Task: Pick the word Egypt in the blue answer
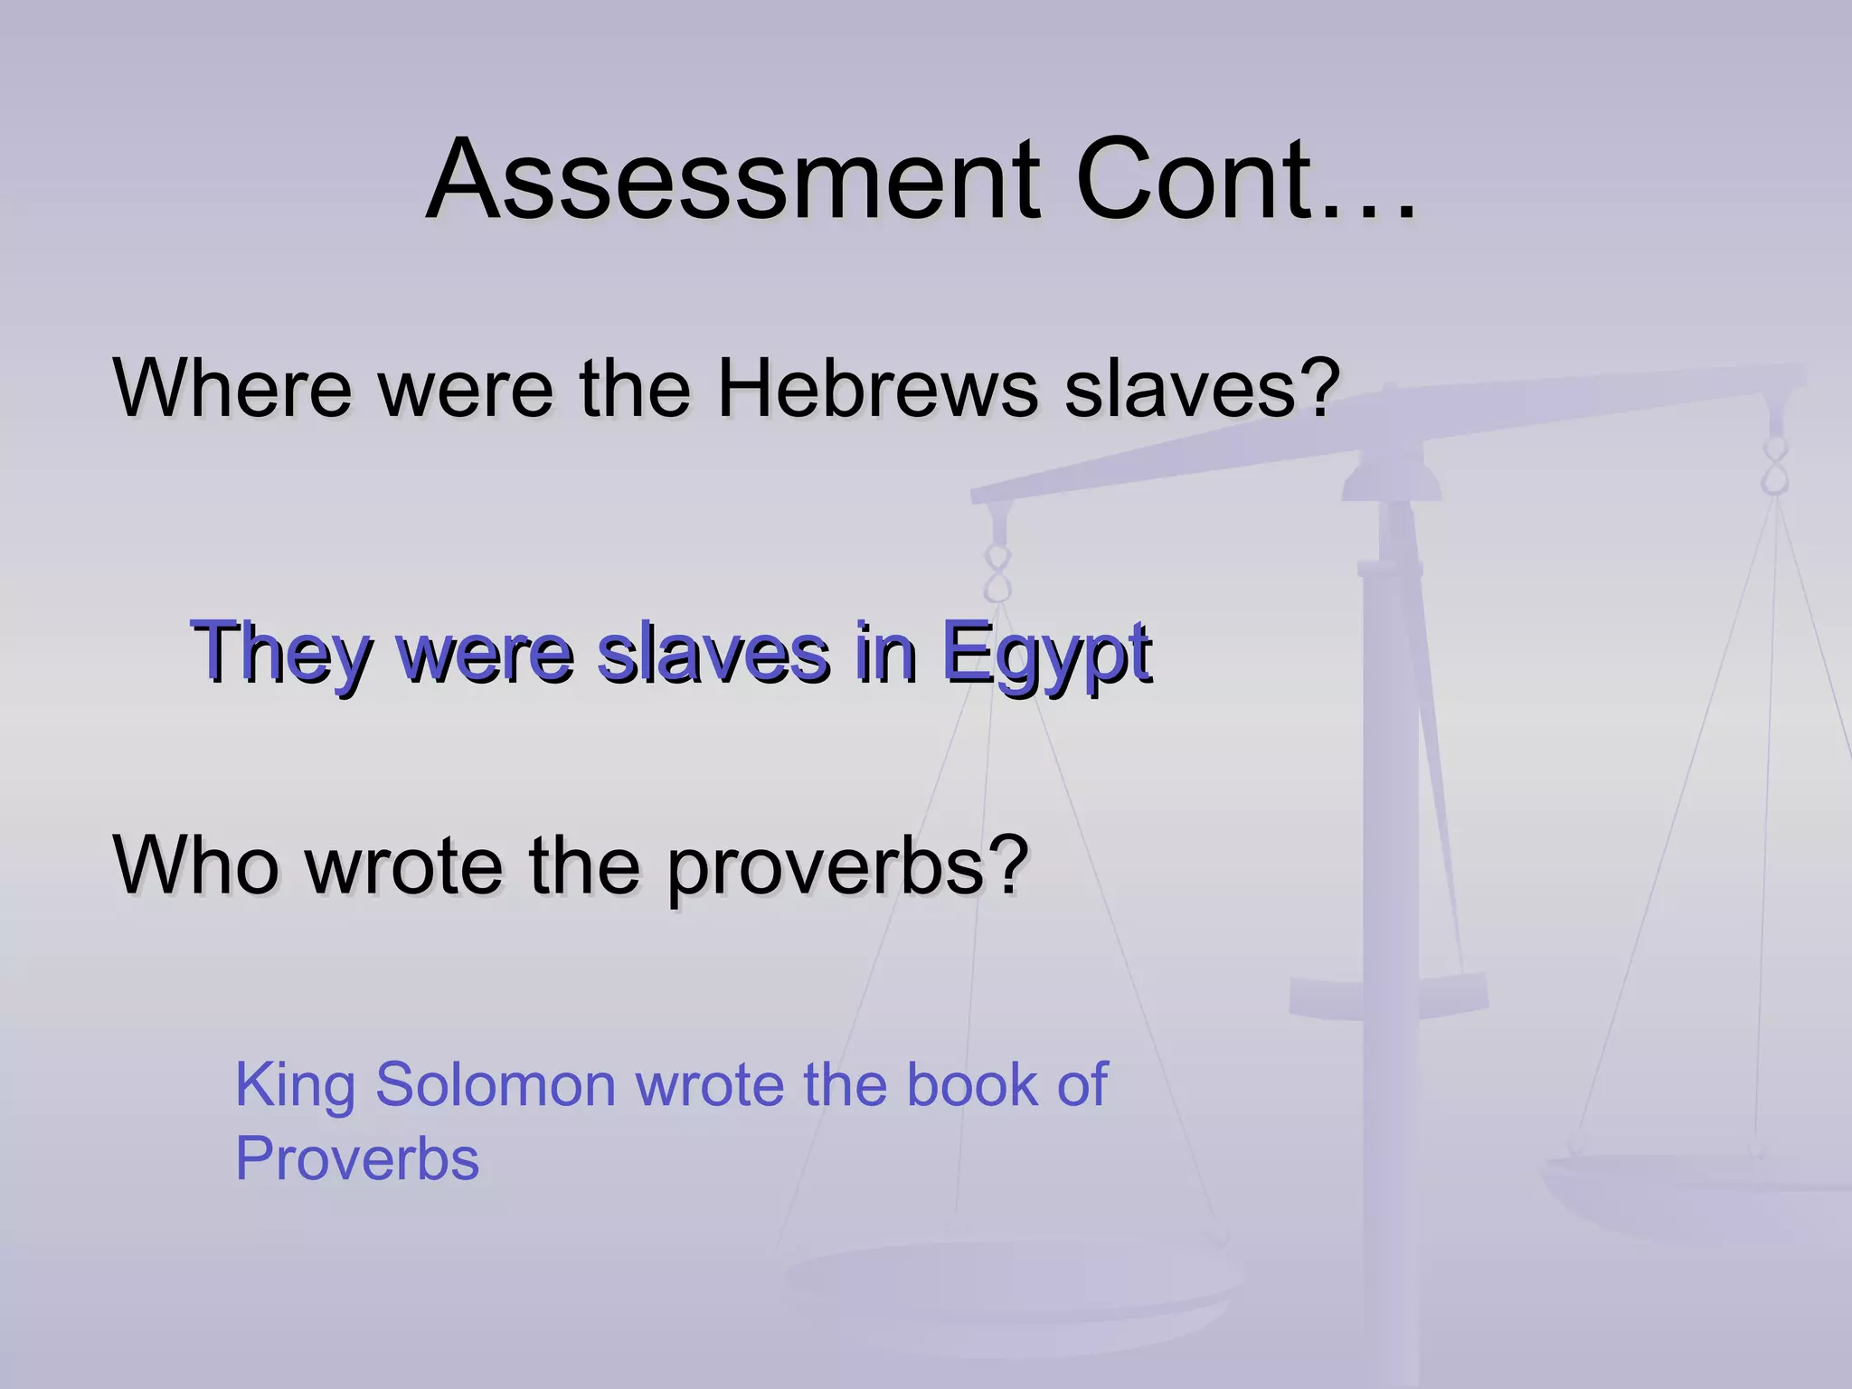click(1046, 653)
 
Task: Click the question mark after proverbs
click(1006, 865)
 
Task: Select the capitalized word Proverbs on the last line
click(357, 1159)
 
